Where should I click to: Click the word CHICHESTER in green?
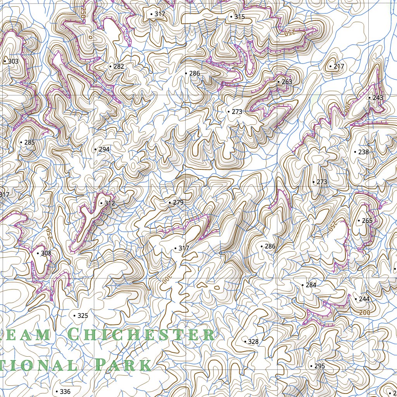pyautogui.click(x=141, y=334)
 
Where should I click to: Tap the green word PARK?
pyautogui.click(x=123, y=365)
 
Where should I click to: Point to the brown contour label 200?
pyautogui.click(x=364, y=312)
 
